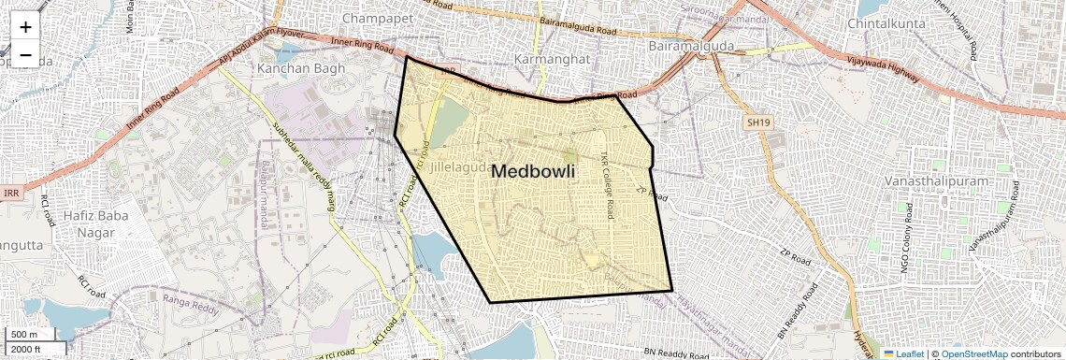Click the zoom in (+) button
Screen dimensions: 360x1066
click(x=25, y=28)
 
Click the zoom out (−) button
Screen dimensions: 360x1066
click(x=25, y=55)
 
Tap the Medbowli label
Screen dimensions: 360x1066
click(x=532, y=172)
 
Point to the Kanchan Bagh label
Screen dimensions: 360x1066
click(x=301, y=68)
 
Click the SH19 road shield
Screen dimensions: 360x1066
click(x=756, y=122)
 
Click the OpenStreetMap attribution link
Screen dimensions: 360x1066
click(x=973, y=353)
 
